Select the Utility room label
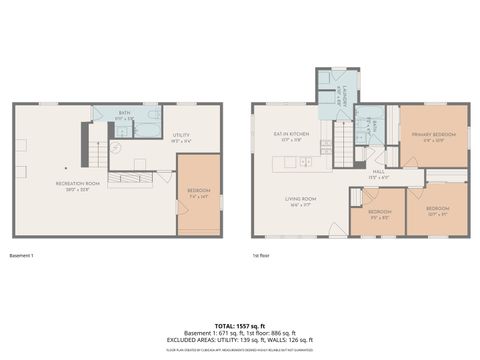point(181,136)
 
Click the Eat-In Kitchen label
point(291,134)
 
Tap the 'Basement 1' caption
point(22,256)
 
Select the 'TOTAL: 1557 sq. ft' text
point(240,325)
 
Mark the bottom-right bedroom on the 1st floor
point(436,212)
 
